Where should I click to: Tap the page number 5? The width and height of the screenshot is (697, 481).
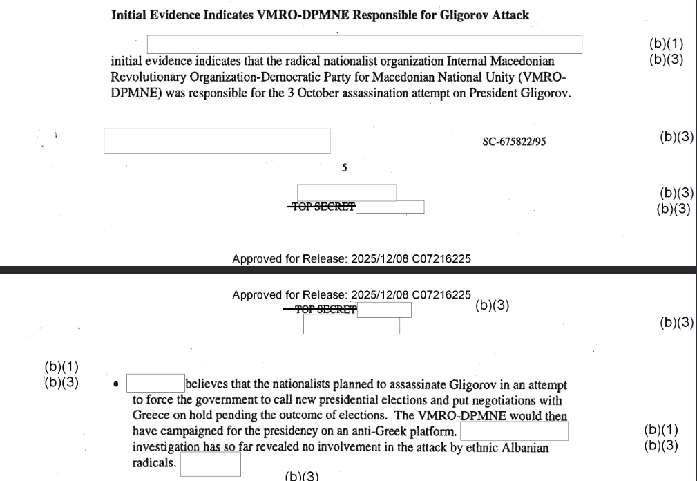click(344, 168)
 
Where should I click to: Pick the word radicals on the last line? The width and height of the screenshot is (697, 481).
click(154, 464)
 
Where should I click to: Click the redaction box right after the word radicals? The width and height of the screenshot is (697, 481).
click(211, 464)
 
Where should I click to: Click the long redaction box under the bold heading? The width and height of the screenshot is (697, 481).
click(365, 44)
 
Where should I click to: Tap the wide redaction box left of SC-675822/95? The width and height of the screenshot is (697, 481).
click(217, 141)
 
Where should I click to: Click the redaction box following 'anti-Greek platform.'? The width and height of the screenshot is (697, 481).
click(514, 432)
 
